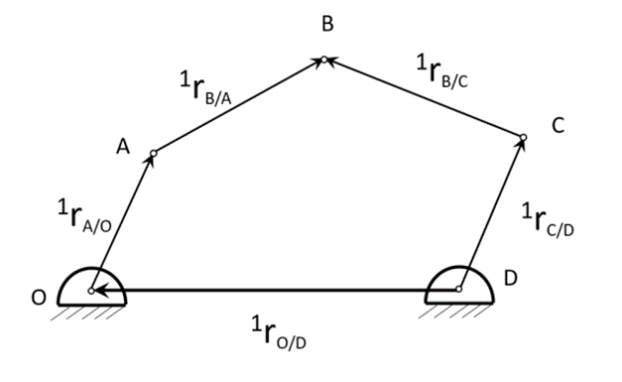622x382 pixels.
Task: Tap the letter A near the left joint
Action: [123, 147]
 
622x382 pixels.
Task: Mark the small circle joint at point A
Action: [153, 153]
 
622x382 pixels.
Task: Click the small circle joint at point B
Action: [323, 60]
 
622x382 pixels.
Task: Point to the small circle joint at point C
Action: [524, 136]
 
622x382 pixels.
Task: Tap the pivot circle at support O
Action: [91, 291]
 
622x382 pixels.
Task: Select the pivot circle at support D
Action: [458, 290]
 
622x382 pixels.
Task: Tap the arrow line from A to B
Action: [238, 106]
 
